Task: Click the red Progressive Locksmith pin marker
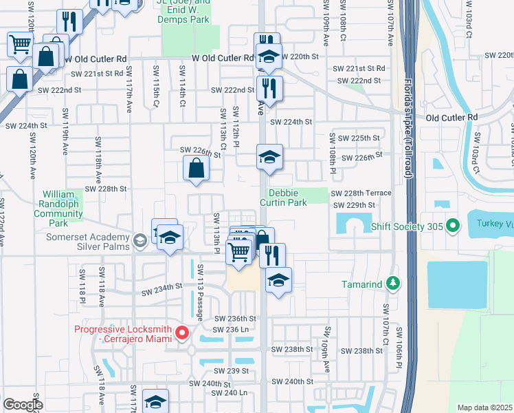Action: click(x=182, y=334)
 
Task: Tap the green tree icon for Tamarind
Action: click(x=392, y=283)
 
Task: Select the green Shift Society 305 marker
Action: click(x=452, y=225)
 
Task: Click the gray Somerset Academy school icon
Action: click(x=140, y=240)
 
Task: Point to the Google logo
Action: click(x=23, y=405)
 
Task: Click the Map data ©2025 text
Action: click(x=484, y=407)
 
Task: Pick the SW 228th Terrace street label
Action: click(x=361, y=193)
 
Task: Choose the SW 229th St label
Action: click(x=354, y=205)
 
